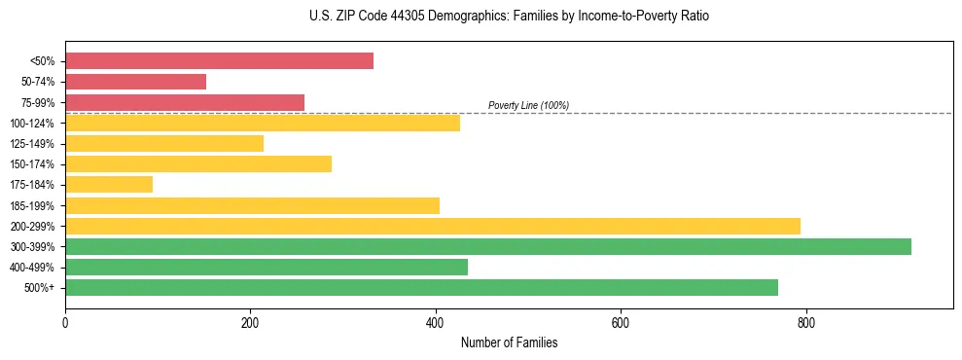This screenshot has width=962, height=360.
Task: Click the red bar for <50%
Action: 219,61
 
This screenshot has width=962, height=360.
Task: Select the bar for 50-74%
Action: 135,82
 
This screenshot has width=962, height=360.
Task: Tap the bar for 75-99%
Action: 185,102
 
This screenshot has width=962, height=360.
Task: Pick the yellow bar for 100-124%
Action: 263,123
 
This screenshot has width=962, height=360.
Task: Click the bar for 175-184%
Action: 109,185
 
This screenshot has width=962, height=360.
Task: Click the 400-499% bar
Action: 267,268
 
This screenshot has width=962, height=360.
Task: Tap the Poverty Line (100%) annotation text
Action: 528,105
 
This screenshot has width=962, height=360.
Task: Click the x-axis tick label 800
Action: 806,322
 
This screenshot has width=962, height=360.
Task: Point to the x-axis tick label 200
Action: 250,322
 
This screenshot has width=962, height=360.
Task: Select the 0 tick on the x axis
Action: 65,322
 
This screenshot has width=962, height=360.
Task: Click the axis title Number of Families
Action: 509,342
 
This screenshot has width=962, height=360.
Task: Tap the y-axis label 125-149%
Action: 38,144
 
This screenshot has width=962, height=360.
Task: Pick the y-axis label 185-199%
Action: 38,206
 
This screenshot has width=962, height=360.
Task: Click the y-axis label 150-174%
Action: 38,164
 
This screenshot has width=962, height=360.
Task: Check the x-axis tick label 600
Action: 621,322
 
